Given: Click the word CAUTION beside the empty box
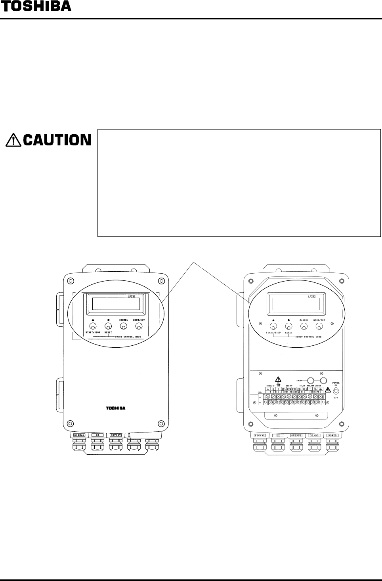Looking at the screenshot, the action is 57,140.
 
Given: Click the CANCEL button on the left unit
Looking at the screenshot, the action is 124,326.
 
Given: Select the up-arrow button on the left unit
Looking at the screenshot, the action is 93,326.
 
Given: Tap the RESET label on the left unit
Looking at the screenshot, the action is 108,333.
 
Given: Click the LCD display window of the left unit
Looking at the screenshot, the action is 116,304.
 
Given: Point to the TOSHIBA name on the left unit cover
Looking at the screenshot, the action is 115,408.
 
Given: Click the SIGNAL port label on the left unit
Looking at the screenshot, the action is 79,435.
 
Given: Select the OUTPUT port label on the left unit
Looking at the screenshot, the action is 115,435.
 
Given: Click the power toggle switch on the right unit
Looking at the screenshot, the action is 336,391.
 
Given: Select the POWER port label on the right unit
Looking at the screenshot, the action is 332,435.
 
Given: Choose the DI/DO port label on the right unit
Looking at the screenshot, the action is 314,435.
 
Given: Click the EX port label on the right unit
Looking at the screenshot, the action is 278,435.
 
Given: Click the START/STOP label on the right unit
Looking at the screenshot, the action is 273,333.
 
